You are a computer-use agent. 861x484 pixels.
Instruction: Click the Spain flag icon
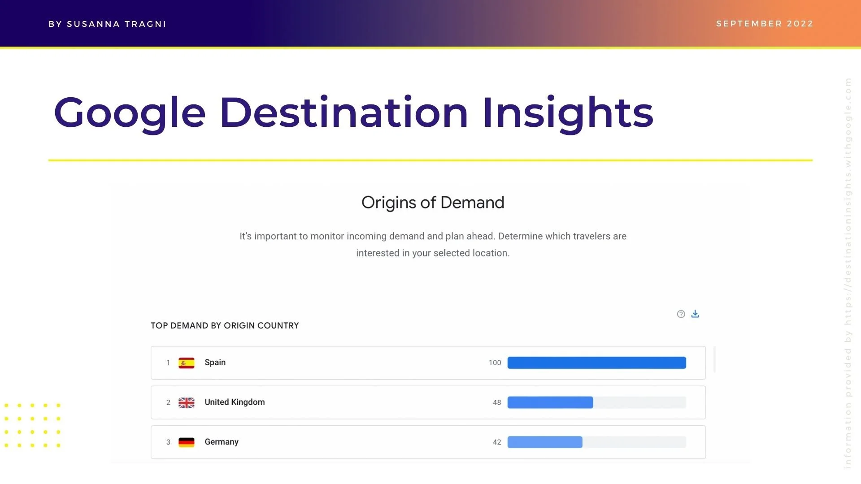(186, 363)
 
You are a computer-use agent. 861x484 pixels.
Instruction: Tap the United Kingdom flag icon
(186, 402)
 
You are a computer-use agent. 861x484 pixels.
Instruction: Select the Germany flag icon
(186, 442)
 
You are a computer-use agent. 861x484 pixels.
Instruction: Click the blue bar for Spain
(596, 363)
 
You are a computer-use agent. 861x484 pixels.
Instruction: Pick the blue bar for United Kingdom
(550, 402)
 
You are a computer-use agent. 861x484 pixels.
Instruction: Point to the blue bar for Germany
(545, 442)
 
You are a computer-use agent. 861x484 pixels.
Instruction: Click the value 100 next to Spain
(495, 363)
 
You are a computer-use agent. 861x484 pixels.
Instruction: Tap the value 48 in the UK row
(497, 402)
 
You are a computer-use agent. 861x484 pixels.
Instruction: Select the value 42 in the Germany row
(497, 442)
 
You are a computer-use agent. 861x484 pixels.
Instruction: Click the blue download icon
(695, 314)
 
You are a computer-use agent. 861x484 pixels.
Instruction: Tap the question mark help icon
(681, 314)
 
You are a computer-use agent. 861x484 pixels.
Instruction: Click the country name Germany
(222, 442)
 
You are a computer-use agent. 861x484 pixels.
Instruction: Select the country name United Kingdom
(235, 402)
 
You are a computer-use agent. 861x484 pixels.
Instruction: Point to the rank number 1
(168, 363)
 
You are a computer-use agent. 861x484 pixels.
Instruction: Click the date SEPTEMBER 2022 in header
(765, 24)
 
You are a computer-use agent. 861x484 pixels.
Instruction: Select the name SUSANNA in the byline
(93, 24)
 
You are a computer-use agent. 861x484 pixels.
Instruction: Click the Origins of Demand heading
(433, 203)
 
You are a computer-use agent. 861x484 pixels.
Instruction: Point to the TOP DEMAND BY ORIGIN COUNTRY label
(225, 326)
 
